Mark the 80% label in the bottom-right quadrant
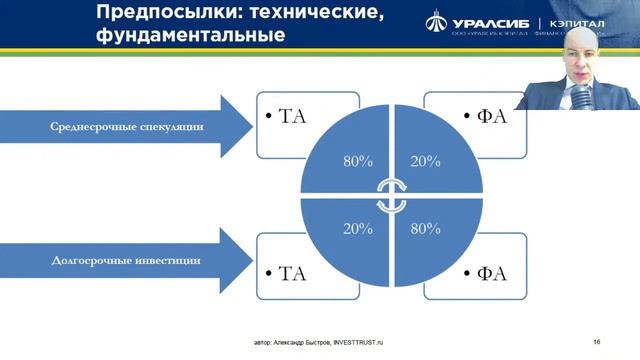424,229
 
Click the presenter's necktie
581,101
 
